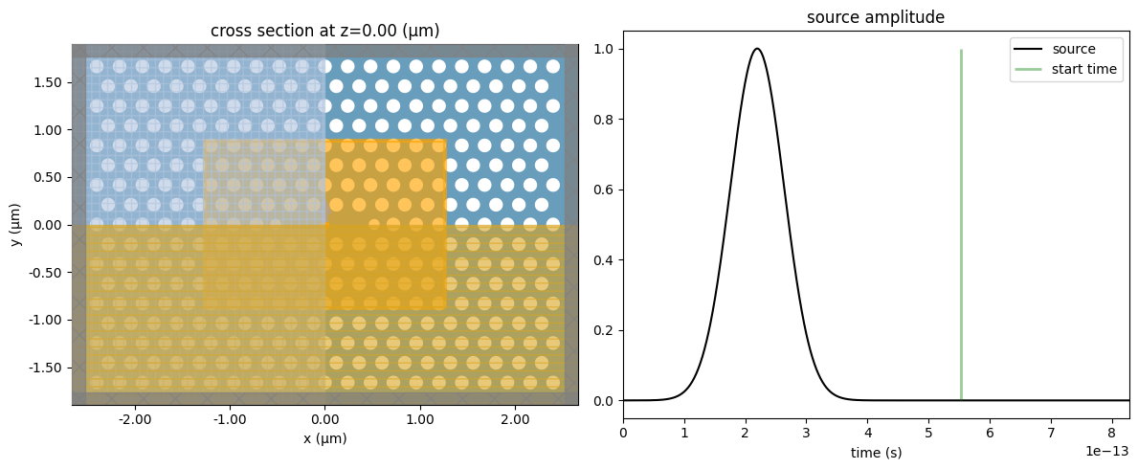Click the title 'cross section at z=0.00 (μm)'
(x=324, y=31)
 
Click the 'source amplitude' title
(x=876, y=18)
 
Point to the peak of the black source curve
(x=757, y=49)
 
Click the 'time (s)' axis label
(x=876, y=453)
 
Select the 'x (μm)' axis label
(x=324, y=438)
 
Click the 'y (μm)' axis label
(x=17, y=225)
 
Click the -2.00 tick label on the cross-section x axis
(x=134, y=419)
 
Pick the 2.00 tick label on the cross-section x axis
(x=515, y=419)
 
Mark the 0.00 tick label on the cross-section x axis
(x=325, y=419)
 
